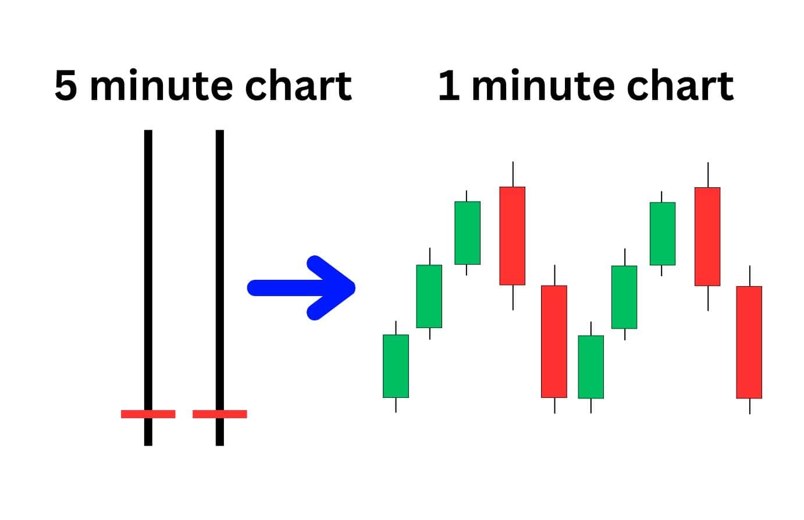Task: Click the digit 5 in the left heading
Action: [x=66, y=85]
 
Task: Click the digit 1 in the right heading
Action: [x=449, y=85]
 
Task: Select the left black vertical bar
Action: [x=148, y=288]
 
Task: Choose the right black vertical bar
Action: [x=220, y=288]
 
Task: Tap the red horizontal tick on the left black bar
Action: [x=148, y=414]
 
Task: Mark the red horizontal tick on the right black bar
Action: [x=220, y=414]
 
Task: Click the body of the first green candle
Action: [x=396, y=366]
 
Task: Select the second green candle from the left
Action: [x=429, y=297]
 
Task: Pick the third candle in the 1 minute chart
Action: [x=467, y=233]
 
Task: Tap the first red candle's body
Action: [x=513, y=236]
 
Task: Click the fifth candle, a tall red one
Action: [x=554, y=341]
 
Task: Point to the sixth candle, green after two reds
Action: [x=591, y=367]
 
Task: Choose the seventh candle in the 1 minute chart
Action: [x=625, y=297]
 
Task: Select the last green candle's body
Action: [x=663, y=234]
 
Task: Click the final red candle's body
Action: [x=749, y=343]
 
